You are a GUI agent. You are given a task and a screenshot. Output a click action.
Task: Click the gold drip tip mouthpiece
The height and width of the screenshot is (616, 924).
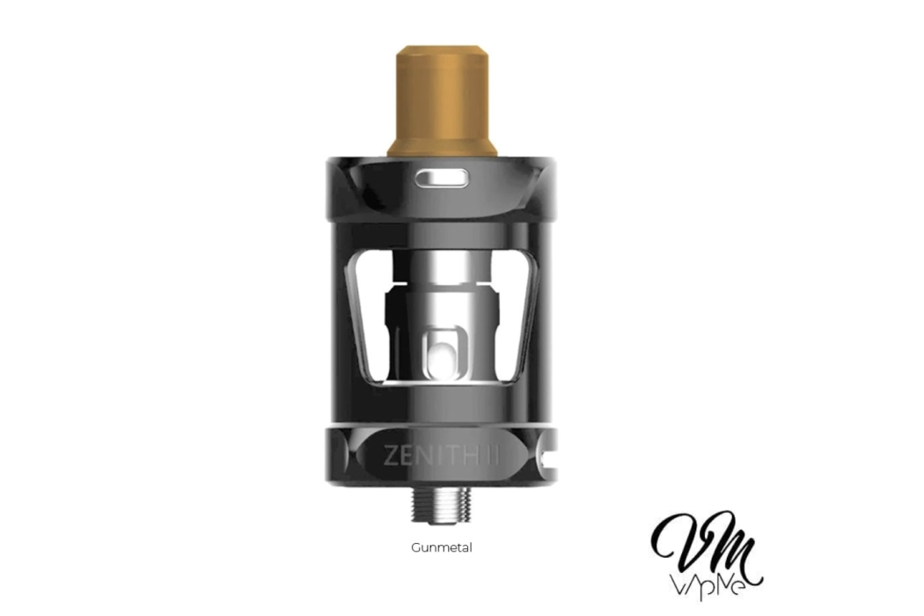442,97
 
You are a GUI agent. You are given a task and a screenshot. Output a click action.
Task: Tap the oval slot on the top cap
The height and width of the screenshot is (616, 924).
442,180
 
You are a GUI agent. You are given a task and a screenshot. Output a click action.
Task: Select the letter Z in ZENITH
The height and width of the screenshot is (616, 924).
391,455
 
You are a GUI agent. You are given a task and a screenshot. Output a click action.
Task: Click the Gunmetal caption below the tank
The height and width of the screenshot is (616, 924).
442,547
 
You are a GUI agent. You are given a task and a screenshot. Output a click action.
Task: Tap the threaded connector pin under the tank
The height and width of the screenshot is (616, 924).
442,502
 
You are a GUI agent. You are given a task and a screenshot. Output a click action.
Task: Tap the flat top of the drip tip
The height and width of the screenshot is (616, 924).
442,49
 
